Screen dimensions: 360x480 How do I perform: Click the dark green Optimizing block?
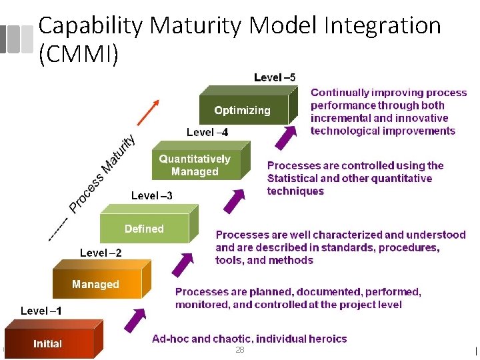coord(243,110)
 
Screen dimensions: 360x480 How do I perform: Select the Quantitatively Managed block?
coord(194,165)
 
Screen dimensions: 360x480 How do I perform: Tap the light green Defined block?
coord(144,229)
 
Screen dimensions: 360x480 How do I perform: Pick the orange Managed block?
coord(95,284)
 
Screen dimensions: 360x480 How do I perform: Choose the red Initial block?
coord(47,344)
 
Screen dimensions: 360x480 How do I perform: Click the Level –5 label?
coord(275,77)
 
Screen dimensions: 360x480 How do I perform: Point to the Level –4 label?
coord(207,132)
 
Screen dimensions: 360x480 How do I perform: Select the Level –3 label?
coord(151,195)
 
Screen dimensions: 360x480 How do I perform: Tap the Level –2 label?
coord(101,253)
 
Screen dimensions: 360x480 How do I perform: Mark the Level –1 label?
coord(41,311)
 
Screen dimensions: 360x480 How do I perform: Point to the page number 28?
coord(240,350)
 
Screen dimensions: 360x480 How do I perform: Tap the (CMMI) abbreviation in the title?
coord(79,53)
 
